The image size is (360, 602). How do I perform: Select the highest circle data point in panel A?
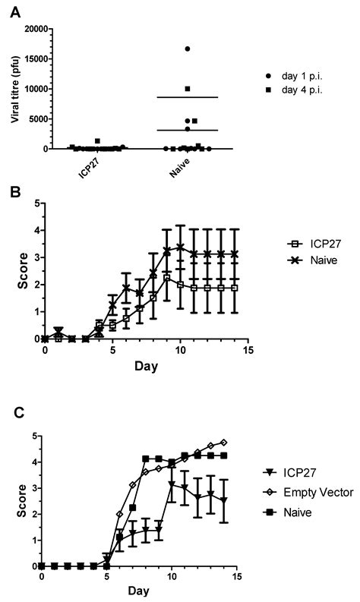point(188,49)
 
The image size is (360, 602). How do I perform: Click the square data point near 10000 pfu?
point(188,89)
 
